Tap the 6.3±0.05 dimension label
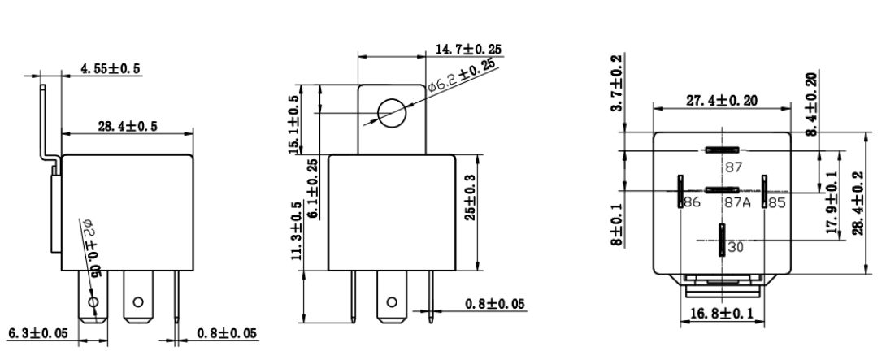pos(37,332)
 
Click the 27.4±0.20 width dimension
pos(722,102)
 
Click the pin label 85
pos(775,203)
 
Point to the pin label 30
pos(735,248)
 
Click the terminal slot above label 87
pos(722,150)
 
